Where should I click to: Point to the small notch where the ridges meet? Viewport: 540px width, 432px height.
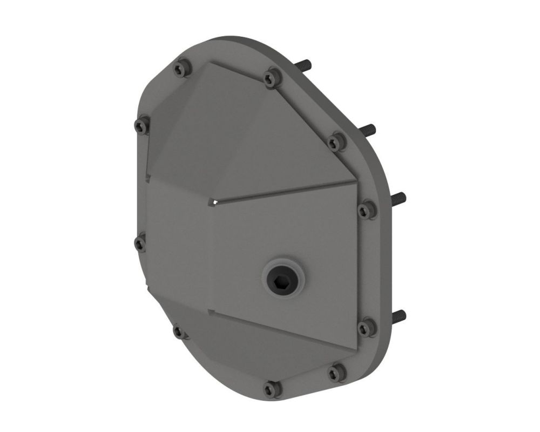pyautogui.click(x=213, y=202)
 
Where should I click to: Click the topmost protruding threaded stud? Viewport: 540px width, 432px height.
pyautogui.click(x=306, y=65)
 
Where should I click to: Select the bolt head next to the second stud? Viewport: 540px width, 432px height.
pyautogui.click(x=336, y=142)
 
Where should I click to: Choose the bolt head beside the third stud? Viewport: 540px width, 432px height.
pyautogui.click(x=367, y=210)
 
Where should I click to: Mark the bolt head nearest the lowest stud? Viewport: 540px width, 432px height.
pyautogui.click(x=367, y=327)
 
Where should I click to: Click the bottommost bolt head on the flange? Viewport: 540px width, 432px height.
pyautogui.click(x=272, y=389)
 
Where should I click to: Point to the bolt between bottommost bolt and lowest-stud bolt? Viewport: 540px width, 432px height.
pyautogui.click(x=336, y=372)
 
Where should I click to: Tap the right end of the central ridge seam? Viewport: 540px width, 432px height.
pyautogui.click(x=355, y=181)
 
